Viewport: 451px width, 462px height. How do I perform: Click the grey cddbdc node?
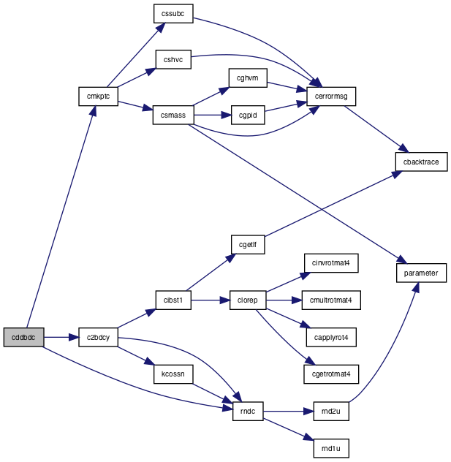pos(24,337)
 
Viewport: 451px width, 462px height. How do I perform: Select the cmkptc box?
pos(99,96)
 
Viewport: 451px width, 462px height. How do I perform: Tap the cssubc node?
pos(173,14)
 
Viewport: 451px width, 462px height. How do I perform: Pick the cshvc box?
pos(173,59)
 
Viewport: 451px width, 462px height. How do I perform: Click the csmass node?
pos(173,115)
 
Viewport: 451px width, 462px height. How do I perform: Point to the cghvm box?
pos(248,77)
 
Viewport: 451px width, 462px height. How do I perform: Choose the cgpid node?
pos(248,115)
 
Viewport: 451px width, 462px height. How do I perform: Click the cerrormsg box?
pos(331,96)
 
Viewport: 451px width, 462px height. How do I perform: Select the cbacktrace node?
pos(421,162)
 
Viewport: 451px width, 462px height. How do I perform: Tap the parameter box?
pos(421,273)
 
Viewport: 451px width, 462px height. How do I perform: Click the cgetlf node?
pos(248,245)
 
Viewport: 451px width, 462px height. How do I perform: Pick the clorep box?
pos(248,300)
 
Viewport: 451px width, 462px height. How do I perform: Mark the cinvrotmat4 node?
pos(331,263)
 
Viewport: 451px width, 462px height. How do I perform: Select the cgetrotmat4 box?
pos(331,374)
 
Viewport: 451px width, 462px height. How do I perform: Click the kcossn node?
pos(173,374)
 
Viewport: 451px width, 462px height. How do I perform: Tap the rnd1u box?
pos(331,448)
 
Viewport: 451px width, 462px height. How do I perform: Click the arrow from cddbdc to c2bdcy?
pos(61,337)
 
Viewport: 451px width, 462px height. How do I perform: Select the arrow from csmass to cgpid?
pos(213,115)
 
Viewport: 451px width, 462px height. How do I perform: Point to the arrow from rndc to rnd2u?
pos(289,412)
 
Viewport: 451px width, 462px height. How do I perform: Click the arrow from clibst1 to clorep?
pos(211,300)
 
